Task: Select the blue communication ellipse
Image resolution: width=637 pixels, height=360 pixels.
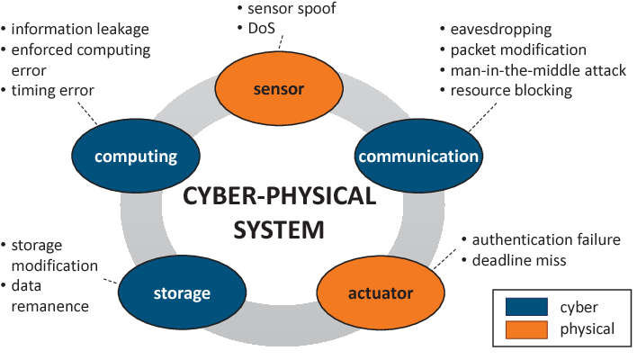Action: [x=418, y=157]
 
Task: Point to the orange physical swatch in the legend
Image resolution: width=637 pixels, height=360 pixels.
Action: [x=525, y=329]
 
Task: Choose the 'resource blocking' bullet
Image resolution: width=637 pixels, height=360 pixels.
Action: [x=520, y=91]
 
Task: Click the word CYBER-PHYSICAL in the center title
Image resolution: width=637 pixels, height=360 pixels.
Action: [x=278, y=196]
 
